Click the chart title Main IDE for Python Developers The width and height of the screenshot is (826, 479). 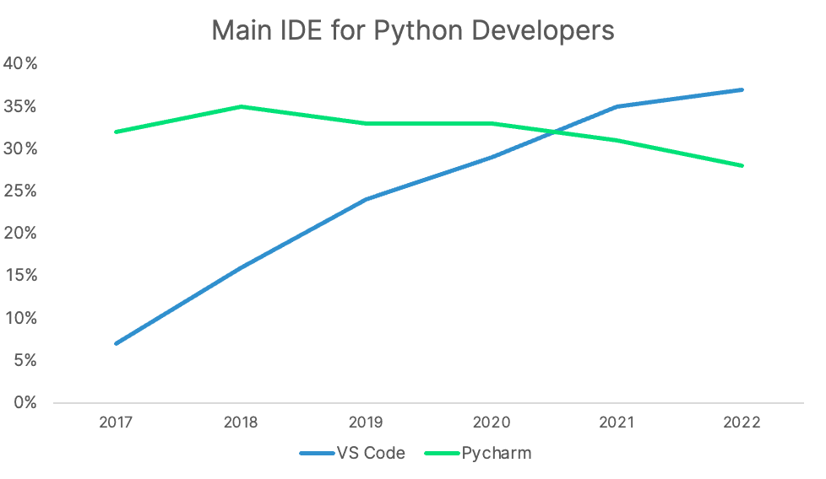pos(412,30)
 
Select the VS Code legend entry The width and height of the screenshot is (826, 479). pos(352,453)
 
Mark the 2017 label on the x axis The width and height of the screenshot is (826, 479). pos(115,422)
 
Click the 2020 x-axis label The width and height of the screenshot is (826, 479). pos(492,422)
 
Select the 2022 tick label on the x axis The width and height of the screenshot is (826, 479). pos(742,422)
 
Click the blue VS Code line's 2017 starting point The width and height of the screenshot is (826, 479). pos(116,343)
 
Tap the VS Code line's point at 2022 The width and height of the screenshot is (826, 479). pos(742,89)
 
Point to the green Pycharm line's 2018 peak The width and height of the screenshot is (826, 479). pos(241,106)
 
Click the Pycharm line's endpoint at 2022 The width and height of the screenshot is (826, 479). pos(742,165)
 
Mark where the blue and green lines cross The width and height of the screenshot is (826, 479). pos(554,132)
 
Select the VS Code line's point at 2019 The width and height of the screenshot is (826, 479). pos(367,199)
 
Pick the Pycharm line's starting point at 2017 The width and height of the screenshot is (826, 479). pos(116,132)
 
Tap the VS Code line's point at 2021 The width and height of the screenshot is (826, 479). pos(617,106)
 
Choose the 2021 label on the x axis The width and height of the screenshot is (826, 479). pos(617,422)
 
